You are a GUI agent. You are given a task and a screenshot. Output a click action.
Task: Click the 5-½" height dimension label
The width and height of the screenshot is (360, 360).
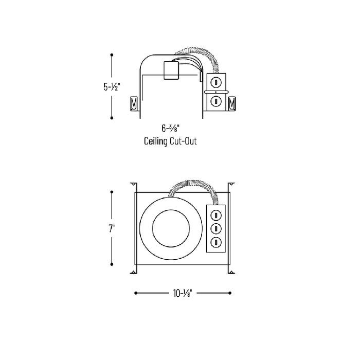coord(112,87)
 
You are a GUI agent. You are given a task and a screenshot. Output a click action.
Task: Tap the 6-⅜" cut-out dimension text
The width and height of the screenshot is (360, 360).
coord(170,128)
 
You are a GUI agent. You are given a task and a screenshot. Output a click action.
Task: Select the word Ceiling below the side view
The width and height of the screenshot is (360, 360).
coord(156,141)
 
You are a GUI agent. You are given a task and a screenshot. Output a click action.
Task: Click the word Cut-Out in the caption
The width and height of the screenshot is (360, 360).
coord(183,141)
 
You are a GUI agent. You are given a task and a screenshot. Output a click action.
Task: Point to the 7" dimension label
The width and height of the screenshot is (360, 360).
coord(112,228)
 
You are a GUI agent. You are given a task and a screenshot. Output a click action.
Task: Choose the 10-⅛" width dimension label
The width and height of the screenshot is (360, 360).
coord(183,293)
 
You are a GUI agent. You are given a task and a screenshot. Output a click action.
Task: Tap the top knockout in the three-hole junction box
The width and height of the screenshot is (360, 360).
coord(216,215)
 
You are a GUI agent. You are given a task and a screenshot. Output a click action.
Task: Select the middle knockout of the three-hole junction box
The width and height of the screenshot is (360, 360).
coord(216,229)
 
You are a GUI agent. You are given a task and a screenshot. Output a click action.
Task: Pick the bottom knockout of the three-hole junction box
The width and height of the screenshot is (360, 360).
coord(216,242)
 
